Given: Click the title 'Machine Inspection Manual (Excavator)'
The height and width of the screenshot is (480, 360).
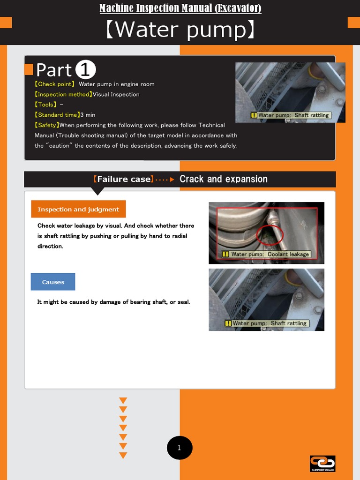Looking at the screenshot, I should [180, 8].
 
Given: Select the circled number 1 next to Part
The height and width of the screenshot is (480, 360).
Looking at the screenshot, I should [85, 70].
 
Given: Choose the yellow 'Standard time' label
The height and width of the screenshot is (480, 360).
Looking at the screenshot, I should [57, 115].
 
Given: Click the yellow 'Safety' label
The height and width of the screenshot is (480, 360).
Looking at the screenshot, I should [47, 125].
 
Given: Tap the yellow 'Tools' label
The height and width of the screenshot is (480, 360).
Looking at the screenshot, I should [46, 105].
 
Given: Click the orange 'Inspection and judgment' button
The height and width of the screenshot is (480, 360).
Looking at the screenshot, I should [78, 210].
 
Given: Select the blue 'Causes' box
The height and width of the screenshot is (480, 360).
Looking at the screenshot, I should [53, 282].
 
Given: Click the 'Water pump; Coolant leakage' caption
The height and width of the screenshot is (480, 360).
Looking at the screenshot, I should [266, 254].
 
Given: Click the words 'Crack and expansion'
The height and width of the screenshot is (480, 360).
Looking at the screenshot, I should [224, 179].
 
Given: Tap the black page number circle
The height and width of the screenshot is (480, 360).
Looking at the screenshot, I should [180, 448].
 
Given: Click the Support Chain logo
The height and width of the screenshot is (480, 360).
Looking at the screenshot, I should [322, 463].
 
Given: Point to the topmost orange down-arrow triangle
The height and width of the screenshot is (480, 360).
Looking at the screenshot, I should [123, 401].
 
